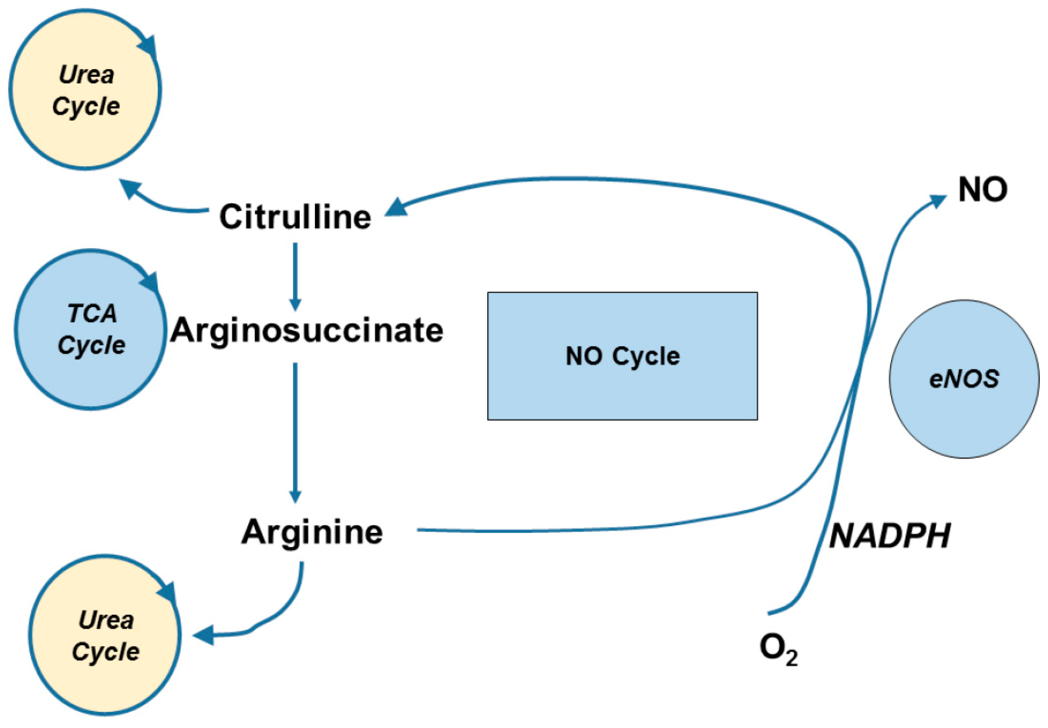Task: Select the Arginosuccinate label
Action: click(307, 330)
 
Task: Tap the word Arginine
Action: click(312, 532)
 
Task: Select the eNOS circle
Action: click(964, 379)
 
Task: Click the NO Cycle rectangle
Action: click(622, 356)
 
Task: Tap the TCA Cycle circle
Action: click(91, 329)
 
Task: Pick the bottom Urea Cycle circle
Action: click(105, 635)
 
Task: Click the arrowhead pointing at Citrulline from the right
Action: click(396, 207)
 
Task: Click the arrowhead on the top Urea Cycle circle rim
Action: click(149, 45)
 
